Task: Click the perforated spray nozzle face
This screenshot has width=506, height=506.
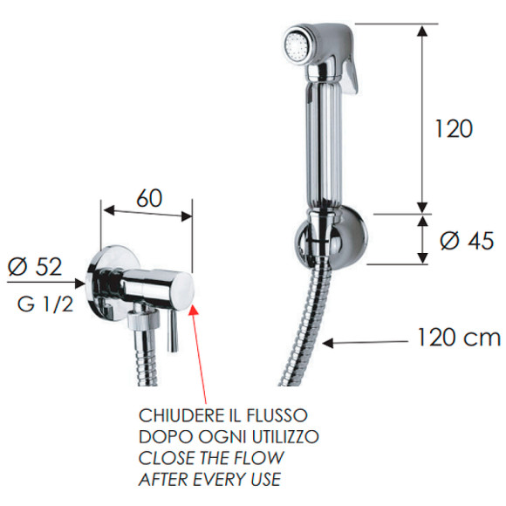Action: click(297, 46)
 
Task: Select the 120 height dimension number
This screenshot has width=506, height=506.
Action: click(454, 128)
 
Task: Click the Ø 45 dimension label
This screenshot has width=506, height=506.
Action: click(467, 241)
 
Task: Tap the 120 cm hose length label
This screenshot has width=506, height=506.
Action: click(459, 338)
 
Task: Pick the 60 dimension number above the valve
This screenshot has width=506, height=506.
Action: click(149, 198)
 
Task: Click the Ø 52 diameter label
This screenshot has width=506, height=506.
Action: click(35, 267)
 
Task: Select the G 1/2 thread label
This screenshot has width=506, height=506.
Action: click(45, 304)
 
